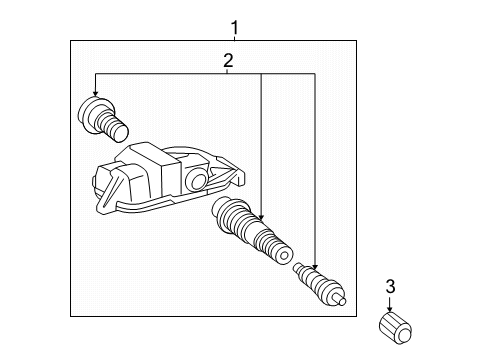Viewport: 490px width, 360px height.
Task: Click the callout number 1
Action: (235, 28)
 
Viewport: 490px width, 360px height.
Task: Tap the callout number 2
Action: (228, 61)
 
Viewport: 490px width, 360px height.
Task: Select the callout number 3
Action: (390, 286)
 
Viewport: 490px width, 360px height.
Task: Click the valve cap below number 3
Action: (395, 328)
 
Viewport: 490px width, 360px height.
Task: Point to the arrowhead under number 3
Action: (389, 309)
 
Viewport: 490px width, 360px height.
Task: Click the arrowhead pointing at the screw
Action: (96, 93)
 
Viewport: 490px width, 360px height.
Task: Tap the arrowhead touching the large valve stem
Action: (261, 217)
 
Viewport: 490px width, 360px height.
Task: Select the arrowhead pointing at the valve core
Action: (315, 266)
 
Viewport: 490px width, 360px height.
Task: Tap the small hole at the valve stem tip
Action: (284, 256)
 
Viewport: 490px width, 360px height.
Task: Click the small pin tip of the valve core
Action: (342, 301)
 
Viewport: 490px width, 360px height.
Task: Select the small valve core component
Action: (319, 284)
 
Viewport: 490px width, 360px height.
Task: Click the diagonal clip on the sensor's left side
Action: (112, 190)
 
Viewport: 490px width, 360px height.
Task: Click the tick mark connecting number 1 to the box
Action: (235, 38)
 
